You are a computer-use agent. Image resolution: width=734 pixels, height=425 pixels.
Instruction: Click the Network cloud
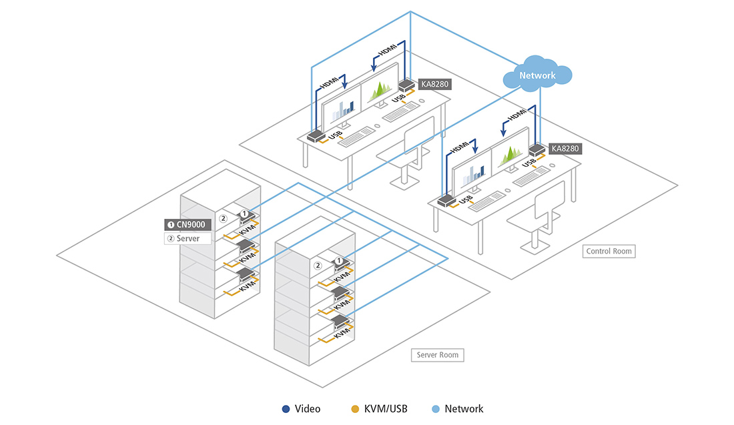pyautogui.click(x=537, y=75)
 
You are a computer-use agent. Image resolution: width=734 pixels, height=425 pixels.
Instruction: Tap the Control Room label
pyautogui.click(x=609, y=252)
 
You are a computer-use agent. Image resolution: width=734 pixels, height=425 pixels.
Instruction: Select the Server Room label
pyautogui.click(x=437, y=354)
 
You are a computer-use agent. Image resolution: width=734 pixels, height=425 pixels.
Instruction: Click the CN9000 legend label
pyautogui.click(x=188, y=225)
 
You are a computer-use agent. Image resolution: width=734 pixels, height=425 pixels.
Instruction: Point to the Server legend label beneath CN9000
pyautogui.click(x=188, y=238)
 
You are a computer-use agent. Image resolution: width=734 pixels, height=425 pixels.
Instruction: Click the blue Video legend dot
pyautogui.click(x=286, y=408)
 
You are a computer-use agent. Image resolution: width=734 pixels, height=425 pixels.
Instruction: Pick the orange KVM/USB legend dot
pyautogui.click(x=355, y=408)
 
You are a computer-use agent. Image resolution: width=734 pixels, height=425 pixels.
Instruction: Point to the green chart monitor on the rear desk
pyautogui.click(x=380, y=89)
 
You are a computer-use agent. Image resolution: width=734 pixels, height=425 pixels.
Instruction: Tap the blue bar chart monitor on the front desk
pyautogui.click(x=473, y=172)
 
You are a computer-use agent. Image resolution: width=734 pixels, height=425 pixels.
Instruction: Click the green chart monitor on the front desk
pyautogui.click(x=510, y=157)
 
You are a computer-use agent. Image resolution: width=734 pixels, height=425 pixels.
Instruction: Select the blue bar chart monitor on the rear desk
pyautogui.click(x=342, y=109)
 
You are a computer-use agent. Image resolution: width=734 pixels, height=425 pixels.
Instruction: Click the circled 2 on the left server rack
pyautogui.click(x=224, y=218)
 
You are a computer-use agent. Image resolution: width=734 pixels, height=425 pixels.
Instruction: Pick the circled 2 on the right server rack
pyautogui.click(x=318, y=266)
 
